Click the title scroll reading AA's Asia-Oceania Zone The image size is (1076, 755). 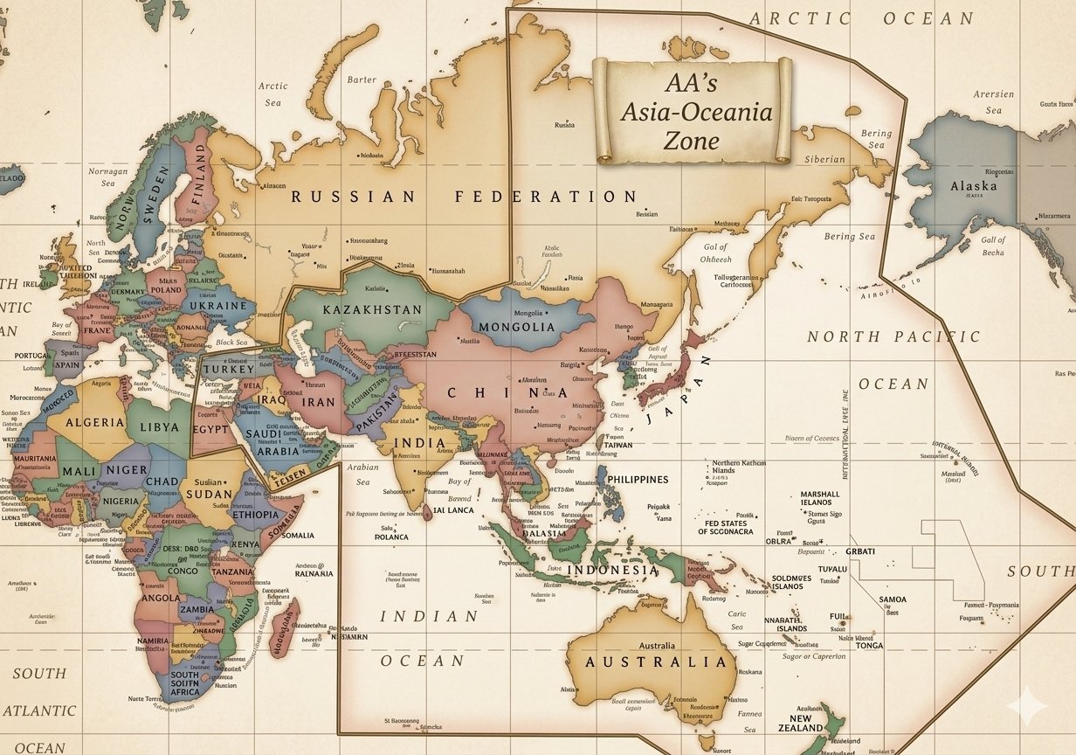pos(693,111)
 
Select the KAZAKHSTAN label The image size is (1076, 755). pos(372,310)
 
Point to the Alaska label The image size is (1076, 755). pos(973,186)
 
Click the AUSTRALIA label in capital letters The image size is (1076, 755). pos(655,661)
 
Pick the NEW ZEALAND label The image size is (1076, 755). pos(800,722)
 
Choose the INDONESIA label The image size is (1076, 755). pos(614,571)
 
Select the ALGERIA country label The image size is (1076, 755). pos(95,422)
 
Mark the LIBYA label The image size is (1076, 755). pos(159,427)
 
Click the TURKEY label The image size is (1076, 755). pos(228,370)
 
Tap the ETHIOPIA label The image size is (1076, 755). pos(256,515)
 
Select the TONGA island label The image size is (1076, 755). pos(869,646)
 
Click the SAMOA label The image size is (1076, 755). pos(893,599)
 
